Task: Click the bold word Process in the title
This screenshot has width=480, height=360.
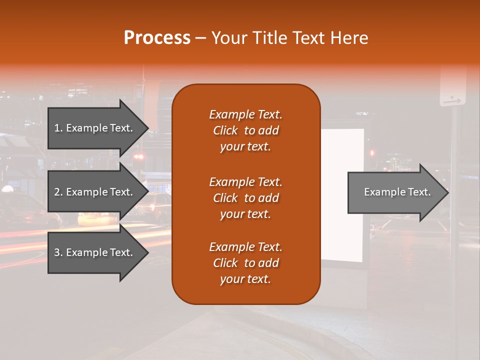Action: click(x=157, y=38)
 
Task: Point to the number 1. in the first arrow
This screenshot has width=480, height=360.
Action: click(x=58, y=128)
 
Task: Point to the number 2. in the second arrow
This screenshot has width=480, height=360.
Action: click(x=58, y=192)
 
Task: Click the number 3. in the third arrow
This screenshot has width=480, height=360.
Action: click(x=58, y=252)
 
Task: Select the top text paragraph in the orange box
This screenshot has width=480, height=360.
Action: click(x=245, y=130)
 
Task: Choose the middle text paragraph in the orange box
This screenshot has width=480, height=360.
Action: click(x=245, y=198)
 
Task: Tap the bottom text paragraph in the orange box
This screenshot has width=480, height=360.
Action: click(x=245, y=263)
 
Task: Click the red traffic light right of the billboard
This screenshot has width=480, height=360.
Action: click(x=371, y=152)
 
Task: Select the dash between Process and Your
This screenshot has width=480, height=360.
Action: click(x=201, y=38)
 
